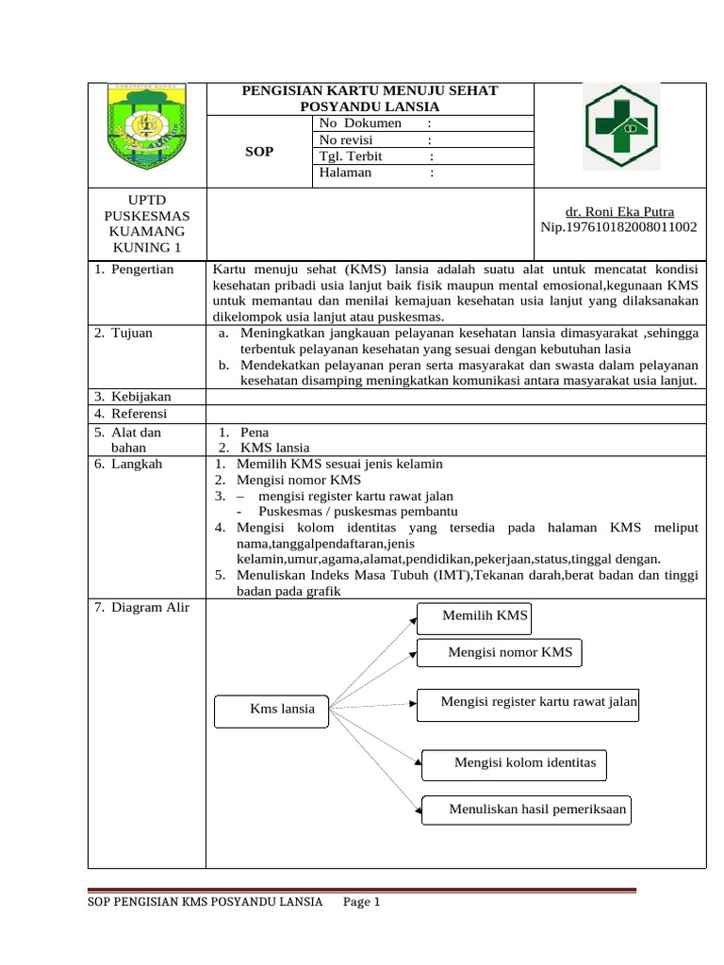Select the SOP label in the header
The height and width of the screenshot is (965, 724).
(x=258, y=152)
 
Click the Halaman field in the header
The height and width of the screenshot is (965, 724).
(x=346, y=172)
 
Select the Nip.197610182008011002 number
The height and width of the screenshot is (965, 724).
(x=618, y=227)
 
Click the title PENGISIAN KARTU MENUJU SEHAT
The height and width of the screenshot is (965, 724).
(x=370, y=90)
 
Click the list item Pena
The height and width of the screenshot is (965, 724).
(x=255, y=433)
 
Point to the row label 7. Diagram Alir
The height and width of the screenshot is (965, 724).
(x=142, y=607)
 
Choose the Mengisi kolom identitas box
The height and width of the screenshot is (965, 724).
(x=515, y=763)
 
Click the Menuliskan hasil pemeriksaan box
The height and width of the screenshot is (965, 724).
(x=526, y=810)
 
